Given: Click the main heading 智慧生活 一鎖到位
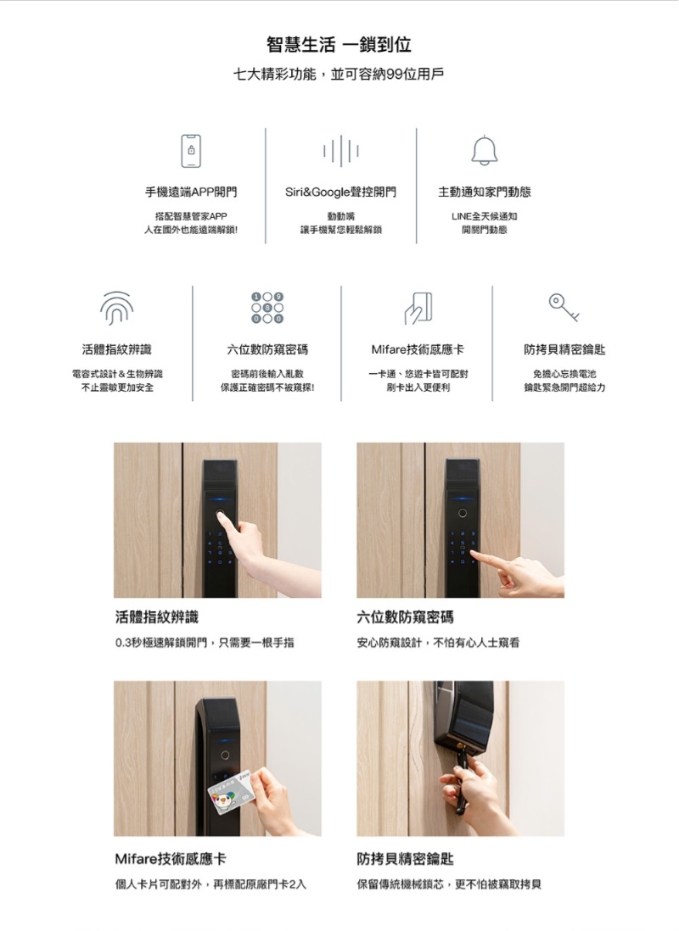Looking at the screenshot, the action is (x=339, y=44).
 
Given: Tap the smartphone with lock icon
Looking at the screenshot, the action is (x=191, y=151).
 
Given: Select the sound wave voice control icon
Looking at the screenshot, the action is (x=340, y=151).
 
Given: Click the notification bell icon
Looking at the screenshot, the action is (x=485, y=151).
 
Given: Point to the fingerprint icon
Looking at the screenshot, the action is (x=116, y=308).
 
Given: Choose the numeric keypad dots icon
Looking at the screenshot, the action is (x=267, y=308).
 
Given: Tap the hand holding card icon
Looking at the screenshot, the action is (x=418, y=308).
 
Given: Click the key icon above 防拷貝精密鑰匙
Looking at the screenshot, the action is (x=564, y=307).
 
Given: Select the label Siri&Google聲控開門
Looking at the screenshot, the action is (x=340, y=192).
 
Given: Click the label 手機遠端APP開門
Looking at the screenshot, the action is (x=191, y=192).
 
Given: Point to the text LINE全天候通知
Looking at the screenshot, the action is (x=485, y=216).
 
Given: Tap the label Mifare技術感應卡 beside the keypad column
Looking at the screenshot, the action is (x=418, y=349).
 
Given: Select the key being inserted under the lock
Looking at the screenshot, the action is (x=460, y=778).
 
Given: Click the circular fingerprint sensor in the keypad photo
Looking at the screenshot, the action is (x=462, y=512).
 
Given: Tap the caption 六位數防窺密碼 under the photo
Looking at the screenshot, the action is (x=405, y=617).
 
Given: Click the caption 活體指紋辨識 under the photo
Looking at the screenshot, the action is (x=156, y=617).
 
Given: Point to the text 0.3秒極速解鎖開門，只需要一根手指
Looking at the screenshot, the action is (x=205, y=643).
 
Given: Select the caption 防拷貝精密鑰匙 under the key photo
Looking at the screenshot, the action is (x=405, y=859).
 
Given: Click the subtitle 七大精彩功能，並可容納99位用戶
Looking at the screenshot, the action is (x=339, y=75).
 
